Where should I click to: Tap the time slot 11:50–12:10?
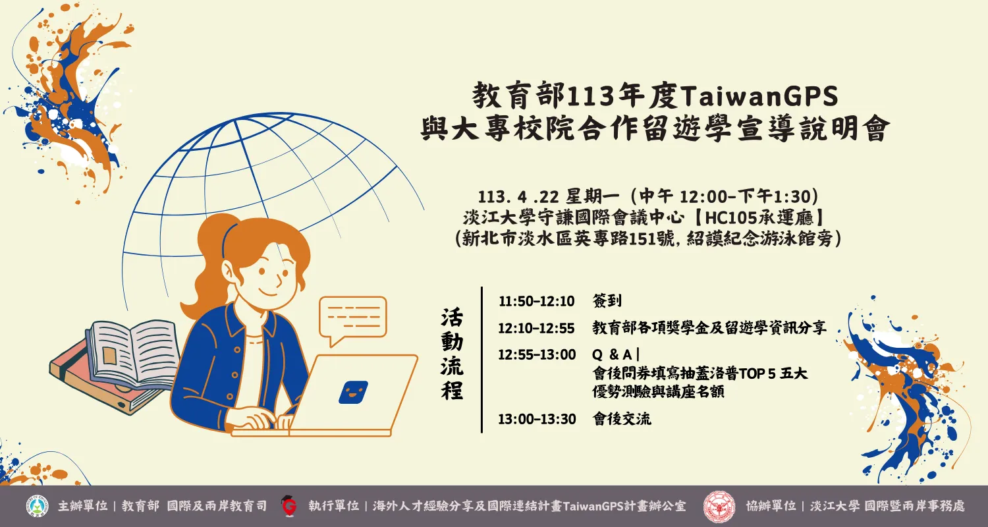tap(536, 301)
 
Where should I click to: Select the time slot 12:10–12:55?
tap(536, 328)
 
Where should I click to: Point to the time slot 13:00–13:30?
tap(536, 419)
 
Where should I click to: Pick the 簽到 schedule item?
tap(607, 301)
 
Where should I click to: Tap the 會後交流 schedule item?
tap(622, 419)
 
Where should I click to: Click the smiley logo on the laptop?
tap(353, 392)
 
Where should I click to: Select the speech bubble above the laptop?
tap(352, 318)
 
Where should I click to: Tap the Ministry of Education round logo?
tap(38, 506)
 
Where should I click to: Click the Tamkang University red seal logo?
tap(719, 507)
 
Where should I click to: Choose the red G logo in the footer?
tap(288, 506)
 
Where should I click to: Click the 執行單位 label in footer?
tap(333, 506)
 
